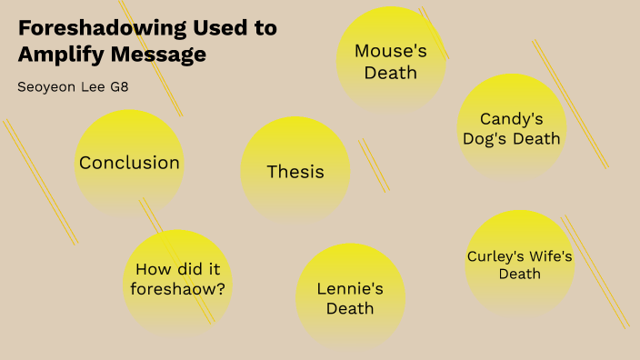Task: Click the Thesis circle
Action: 295,171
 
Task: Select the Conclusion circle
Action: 129,164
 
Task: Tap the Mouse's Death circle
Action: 391,61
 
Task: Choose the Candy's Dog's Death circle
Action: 512,128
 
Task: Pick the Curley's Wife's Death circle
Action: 519,265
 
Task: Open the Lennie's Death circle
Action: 351,298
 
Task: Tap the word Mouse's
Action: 391,51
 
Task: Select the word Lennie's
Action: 351,289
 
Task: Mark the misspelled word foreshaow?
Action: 178,290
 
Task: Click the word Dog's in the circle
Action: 485,139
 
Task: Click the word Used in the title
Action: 221,27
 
